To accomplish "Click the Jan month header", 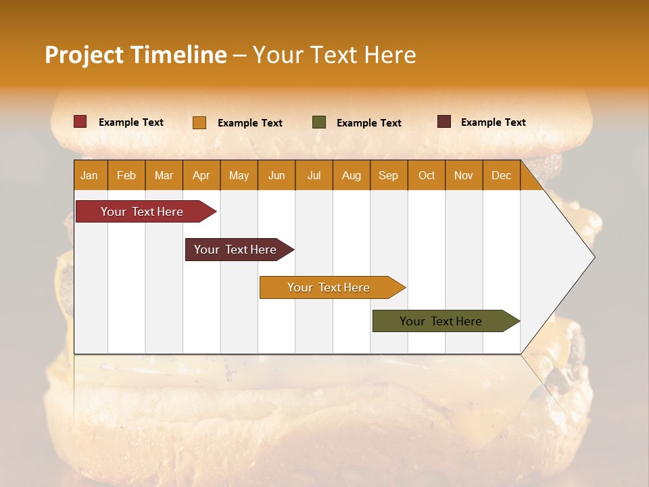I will pos(89,176).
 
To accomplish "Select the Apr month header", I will pos(201,176).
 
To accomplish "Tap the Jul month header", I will pos(314,176).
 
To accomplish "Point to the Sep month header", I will pos(388,176).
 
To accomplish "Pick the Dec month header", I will pos(501,176).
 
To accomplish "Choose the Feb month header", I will pos(126,176).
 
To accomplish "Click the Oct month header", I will pos(427,176).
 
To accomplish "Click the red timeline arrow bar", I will pos(142,212).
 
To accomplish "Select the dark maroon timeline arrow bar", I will pos(235,250).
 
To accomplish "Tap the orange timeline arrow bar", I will pos(329,287).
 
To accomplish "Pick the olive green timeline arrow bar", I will pos(441,321).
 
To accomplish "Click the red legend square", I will pos(80,122).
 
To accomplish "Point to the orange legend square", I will pos(199,122).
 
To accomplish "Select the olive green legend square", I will pos(319,122).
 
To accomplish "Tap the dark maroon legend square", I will pos(444,122).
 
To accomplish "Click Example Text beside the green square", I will pos(368,123).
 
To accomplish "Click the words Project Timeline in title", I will pos(135,55).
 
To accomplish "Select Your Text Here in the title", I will pos(334,55).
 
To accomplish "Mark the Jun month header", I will pos(276,176).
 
